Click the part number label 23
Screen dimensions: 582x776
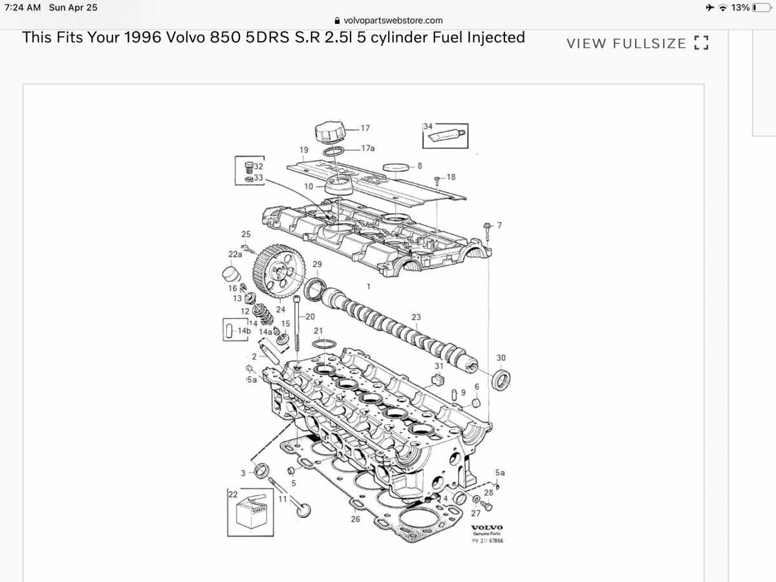pos(416,317)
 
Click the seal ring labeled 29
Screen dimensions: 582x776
pos(314,288)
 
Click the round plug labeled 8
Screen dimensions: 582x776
pos(396,168)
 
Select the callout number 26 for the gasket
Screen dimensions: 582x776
pos(355,519)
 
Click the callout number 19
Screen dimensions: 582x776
pos(304,150)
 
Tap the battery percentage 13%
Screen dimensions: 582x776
pos(740,7)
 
